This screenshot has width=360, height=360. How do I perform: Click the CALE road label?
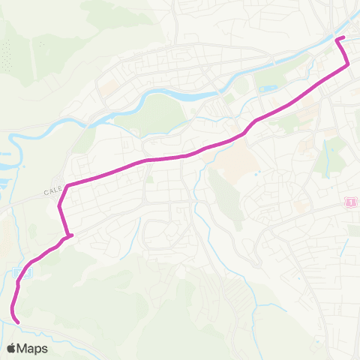click(52, 192)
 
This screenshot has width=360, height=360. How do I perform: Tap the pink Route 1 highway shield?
click(350, 202)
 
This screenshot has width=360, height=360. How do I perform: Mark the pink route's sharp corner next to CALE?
click(67, 185)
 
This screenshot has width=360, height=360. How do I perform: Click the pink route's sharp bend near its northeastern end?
click(347, 66)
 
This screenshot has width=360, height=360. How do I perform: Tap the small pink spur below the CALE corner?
click(70, 237)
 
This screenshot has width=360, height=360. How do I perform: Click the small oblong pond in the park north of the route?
click(266, 89)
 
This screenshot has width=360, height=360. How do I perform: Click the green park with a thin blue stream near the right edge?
click(329, 157)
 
